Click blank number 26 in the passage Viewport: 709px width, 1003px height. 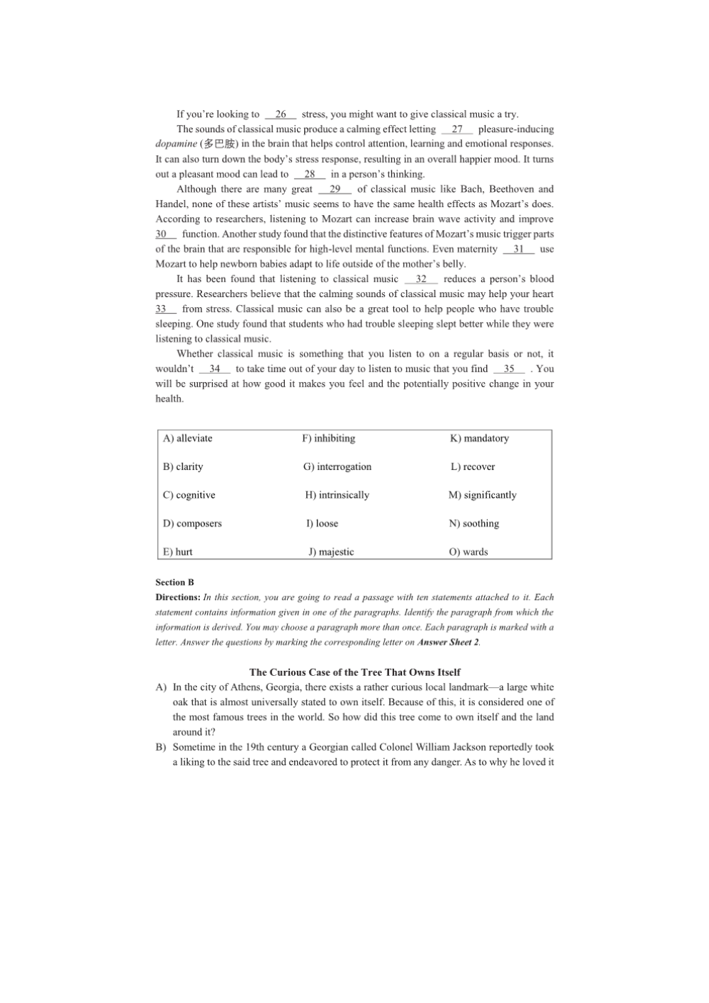(x=281, y=114)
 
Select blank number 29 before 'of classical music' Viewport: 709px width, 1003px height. (x=335, y=189)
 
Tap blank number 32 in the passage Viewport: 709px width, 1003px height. (x=421, y=279)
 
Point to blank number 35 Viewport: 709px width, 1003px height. (x=509, y=369)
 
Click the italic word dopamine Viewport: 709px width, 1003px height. (x=176, y=144)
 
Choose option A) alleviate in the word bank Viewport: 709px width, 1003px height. (x=188, y=439)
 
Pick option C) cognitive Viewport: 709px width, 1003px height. (x=189, y=495)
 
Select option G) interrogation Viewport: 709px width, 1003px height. (x=337, y=467)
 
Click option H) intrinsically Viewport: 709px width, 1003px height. (x=337, y=495)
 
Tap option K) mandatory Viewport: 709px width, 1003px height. (x=479, y=439)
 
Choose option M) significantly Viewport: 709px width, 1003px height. (x=482, y=495)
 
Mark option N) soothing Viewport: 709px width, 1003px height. (x=474, y=524)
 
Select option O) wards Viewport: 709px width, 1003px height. (x=468, y=552)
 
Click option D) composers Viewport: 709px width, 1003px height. (x=192, y=524)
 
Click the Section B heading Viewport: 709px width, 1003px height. (x=175, y=583)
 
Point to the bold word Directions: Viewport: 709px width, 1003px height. (x=178, y=598)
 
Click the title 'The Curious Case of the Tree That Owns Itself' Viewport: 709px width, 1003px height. (x=355, y=672)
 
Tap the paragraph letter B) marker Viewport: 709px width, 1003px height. (x=161, y=747)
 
